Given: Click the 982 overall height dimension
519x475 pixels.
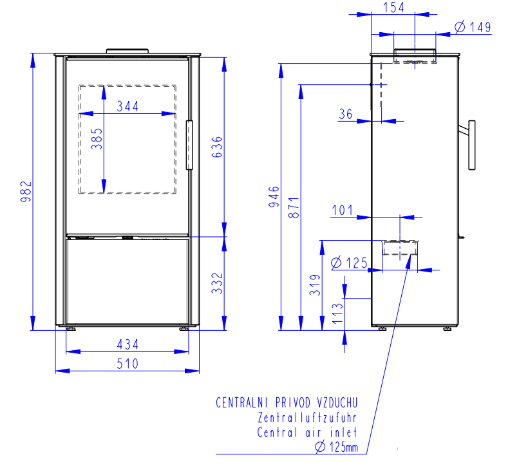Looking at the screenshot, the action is (x=26, y=192).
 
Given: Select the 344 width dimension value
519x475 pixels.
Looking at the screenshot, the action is (x=127, y=106).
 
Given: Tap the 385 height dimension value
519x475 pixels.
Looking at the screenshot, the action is (x=97, y=139).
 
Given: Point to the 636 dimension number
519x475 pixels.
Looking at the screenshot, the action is (x=217, y=147).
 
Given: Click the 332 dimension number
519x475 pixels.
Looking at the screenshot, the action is (x=217, y=283).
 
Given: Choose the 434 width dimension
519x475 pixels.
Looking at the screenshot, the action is (x=127, y=345).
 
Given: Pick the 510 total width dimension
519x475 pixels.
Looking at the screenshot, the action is (x=127, y=364).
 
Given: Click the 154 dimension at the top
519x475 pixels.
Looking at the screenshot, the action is (x=393, y=8).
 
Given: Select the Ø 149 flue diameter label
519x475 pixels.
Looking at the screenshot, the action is (x=473, y=27).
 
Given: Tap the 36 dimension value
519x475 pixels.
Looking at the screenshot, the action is (x=346, y=114).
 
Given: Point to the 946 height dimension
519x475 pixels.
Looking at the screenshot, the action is (x=274, y=197).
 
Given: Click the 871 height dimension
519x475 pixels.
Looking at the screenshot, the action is (x=294, y=208).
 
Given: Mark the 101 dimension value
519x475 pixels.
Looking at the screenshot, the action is (x=343, y=210).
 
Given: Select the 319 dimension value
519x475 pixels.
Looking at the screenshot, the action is (x=315, y=284).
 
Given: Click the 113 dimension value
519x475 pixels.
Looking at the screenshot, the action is (x=337, y=313).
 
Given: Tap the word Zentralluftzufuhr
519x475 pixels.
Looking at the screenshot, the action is (x=307, y=418).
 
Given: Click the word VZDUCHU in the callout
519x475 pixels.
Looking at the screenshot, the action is (x=337, y=403).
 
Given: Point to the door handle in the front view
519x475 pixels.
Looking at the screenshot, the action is (x=189, y=145).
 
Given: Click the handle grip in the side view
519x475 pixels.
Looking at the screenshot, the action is (x=472, y=145).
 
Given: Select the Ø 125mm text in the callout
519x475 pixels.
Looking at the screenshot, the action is (x=336, y=447).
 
